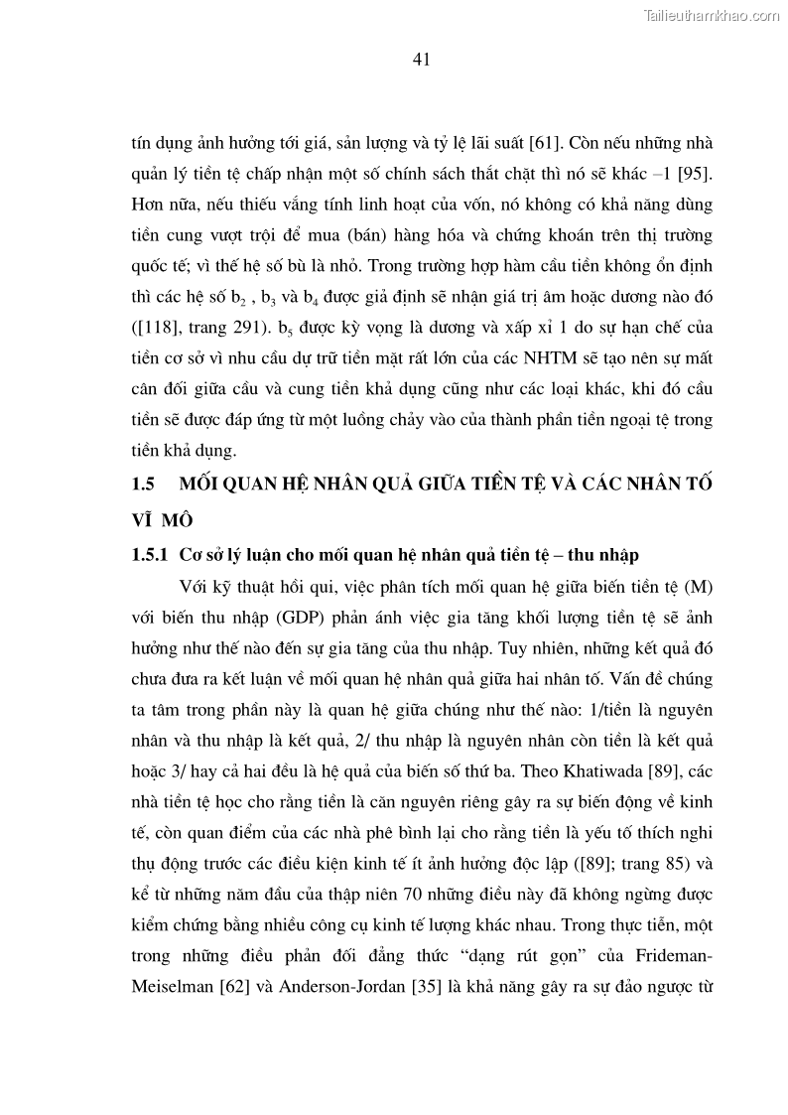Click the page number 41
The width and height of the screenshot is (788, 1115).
pos(420,60)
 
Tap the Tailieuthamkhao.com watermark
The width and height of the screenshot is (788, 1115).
pos(713,15)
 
